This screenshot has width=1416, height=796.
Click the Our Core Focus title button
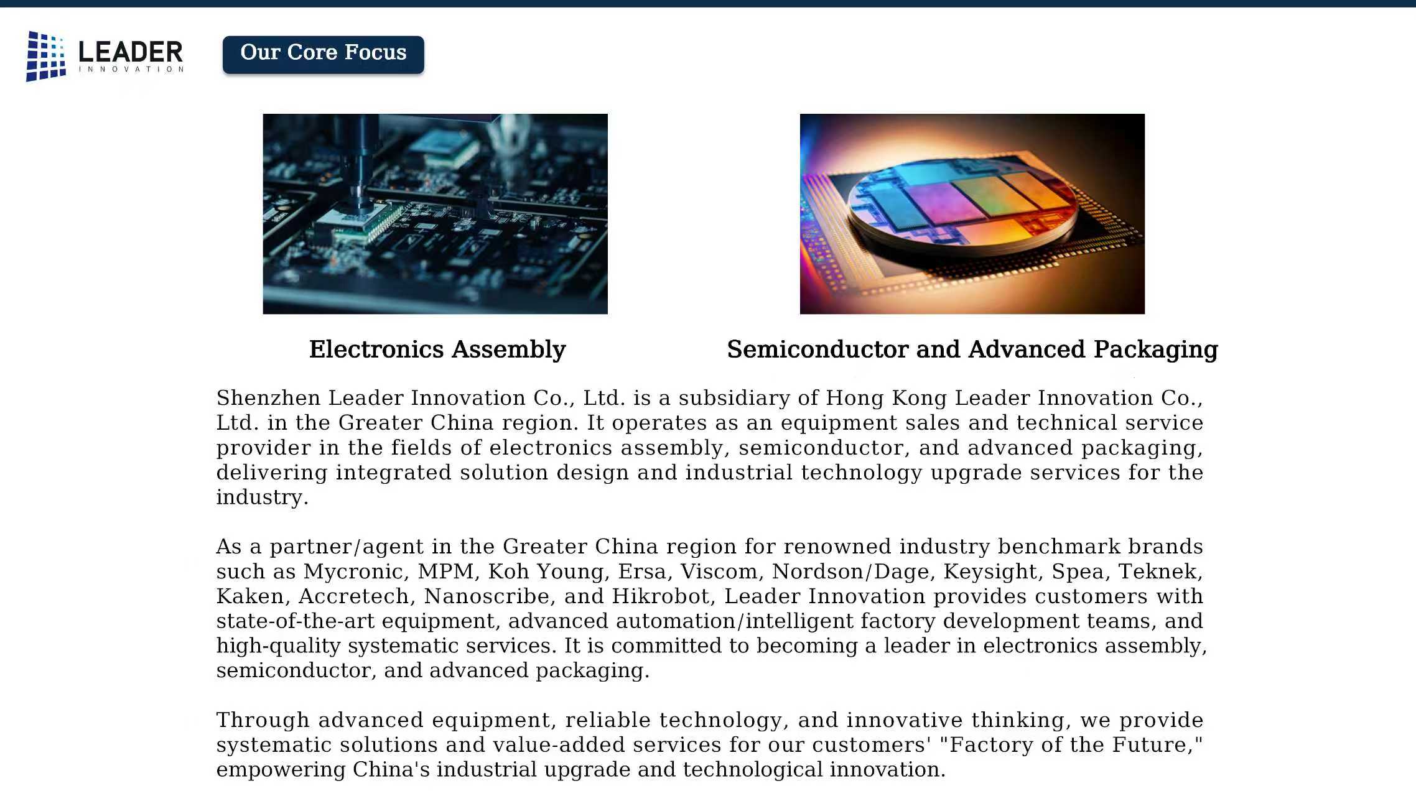click(x=324, y=55)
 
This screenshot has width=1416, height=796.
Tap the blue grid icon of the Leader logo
click(x=45, y=56)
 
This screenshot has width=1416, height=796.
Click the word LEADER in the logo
click(x=131, y=52)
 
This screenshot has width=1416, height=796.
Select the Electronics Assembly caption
click(x=437, y=349)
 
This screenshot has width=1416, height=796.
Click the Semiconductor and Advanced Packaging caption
click(x=972, y=349)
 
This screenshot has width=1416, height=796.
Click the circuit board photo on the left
click(x=435, y=214)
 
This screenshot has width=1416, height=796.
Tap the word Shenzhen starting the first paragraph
click(x=268, y=398)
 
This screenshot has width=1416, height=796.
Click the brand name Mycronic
click(x=355, y=572)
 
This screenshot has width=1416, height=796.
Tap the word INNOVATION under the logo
click(x=131, y=69)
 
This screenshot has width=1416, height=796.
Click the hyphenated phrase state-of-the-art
click(x=296, y=621)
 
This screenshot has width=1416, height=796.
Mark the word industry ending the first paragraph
click(x=262, y=497)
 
